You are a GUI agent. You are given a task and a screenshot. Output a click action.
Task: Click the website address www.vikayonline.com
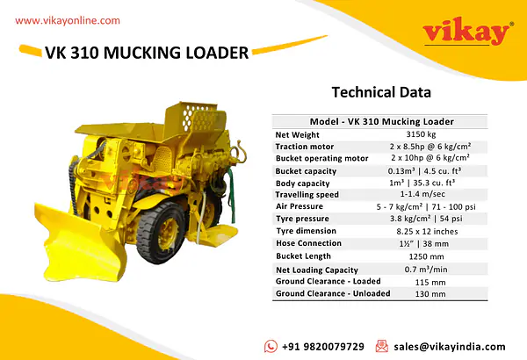(68, 21)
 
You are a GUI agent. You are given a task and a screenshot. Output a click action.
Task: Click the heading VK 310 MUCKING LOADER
(147, 53)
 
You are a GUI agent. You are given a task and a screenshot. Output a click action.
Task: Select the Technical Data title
(381, 92)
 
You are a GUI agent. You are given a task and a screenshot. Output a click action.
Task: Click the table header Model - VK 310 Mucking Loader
(382, 121)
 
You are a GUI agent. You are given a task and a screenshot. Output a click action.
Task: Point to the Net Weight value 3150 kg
(421, 134)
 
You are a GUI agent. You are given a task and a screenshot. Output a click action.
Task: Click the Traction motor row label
(305, 147)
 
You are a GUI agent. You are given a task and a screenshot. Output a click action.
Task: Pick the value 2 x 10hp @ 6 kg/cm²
(430, 158)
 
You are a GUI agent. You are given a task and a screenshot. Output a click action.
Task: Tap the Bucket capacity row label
(306, 171)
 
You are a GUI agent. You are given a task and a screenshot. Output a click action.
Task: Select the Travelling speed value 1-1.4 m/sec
(422, 194)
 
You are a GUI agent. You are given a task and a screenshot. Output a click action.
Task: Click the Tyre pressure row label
(302, 219)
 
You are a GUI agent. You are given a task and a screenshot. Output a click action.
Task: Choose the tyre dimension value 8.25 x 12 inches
(427, 231)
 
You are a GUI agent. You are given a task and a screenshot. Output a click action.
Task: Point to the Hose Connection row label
(308, 243)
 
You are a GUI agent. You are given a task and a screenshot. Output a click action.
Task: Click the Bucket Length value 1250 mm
(426, 256)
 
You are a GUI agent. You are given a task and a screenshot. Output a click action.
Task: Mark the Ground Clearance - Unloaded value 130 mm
(430, 294)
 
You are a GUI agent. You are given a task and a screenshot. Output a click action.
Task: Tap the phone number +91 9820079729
(322, 347)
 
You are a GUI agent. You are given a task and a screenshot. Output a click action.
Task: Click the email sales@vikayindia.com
(450, 347)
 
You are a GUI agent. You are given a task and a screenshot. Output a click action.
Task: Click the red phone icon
(271, 346)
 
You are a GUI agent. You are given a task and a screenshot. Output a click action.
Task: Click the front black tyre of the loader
(161, 232)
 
